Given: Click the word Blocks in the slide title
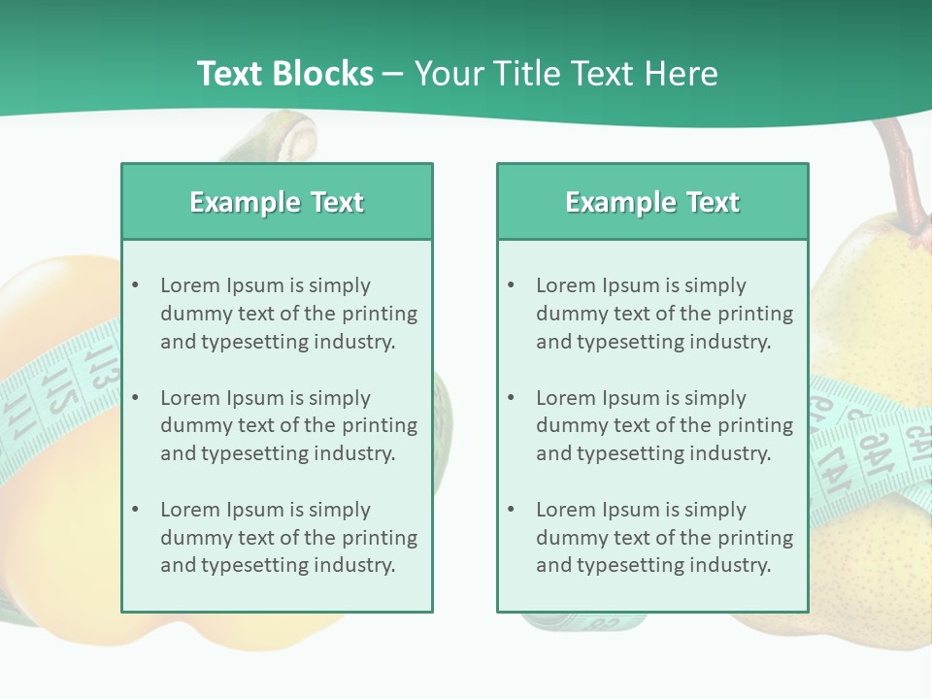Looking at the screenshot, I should pos(324,74).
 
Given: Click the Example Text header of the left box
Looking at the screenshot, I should pos(277,202).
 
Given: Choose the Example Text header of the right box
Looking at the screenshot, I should pos(652,202).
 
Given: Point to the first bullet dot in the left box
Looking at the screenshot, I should pos(136,285).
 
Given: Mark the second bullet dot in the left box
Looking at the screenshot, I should pos(136,398).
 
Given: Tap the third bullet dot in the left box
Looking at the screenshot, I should pos(136,510).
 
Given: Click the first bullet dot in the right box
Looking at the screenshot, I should pos(512,285).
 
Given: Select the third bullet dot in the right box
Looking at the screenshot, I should pos(512,510).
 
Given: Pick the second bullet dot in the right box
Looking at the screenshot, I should pos(512,398).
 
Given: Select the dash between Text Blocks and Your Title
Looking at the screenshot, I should pos(393,75).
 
